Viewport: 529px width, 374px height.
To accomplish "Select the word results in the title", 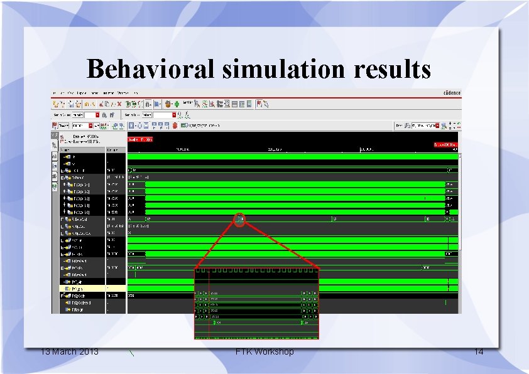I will pyautogui.click(x=390, y=68).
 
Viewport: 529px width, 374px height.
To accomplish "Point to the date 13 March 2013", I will pyautogui.click(x=69, y=351).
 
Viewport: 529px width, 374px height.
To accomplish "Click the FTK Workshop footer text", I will pyautogui.click(x=264, y=351).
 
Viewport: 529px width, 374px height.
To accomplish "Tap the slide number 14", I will pyautogui.click(x=479, y=351).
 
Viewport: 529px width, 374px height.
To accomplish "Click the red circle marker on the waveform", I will pyautogui.click(x=239, y=219).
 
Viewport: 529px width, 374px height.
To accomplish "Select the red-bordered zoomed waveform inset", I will pyautogui.click(x=256, y=304).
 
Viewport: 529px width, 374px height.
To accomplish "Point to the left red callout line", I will pyautogui.click(x=217, y=245).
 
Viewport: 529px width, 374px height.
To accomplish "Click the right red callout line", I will pyautogui.click(x=280, y=245).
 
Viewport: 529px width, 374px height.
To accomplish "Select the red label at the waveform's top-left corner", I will pyautogui.click(x=140, y=139).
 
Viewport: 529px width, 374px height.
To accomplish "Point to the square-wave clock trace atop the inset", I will pyautogui.click(x=256, y=272).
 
